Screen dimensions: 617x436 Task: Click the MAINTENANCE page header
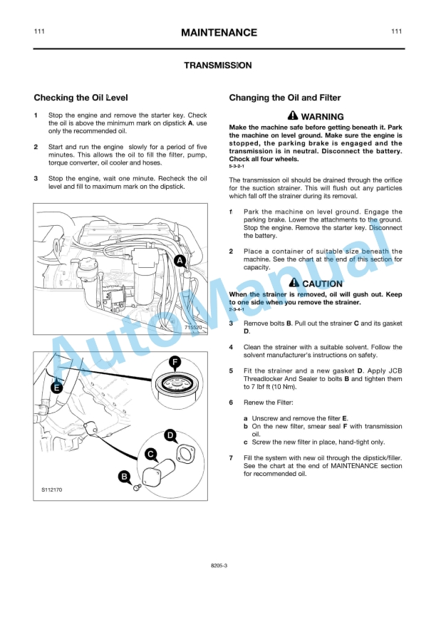218,33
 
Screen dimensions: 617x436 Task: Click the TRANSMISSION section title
217,66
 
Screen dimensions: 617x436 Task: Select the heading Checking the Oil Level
81,98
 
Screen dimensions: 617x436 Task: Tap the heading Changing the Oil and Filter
284,98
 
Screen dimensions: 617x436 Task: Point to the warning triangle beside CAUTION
294,283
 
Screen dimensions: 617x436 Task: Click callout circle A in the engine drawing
181,261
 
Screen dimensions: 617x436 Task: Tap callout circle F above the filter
175,361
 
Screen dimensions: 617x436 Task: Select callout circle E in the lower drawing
57,388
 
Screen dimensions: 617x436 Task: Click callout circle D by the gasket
170,435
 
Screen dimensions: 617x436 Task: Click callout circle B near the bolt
124,477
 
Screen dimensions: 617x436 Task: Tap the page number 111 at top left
40,32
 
